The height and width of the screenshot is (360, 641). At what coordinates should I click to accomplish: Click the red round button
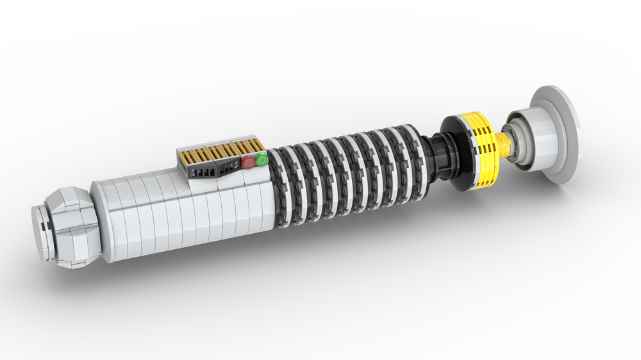click(248, 163)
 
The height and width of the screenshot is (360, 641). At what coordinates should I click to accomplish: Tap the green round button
click(262, 160)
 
